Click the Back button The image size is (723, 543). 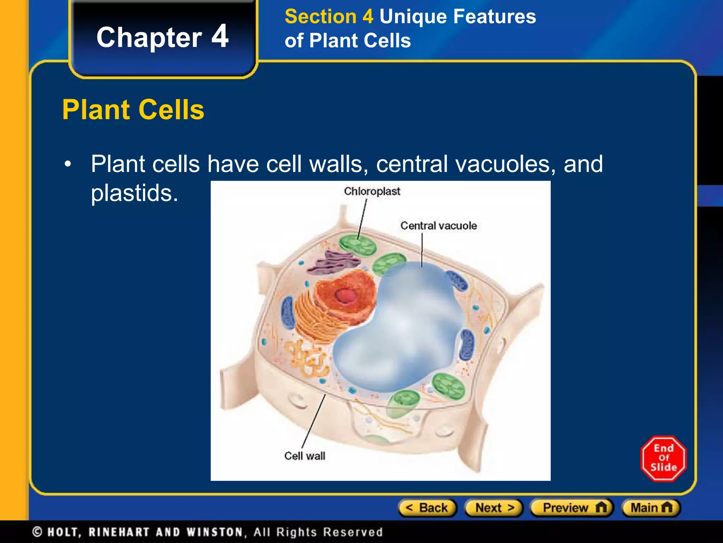coord(427,508)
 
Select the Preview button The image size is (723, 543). coord(572,508)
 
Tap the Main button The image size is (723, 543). coord(651,508)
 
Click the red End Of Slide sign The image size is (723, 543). coord(663,459)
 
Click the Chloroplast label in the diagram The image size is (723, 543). coord(372,192)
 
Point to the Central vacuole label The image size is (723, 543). coord(438,226)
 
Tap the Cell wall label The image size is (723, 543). coord(305,456)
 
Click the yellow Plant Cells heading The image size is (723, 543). coord(133,110)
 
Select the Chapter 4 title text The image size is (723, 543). coord(162,37)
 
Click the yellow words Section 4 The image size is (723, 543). coord(329,17)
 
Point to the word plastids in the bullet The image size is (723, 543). coord(134,193)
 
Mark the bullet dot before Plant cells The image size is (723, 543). coord(68,164)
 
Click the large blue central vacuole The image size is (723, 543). coord(399,336)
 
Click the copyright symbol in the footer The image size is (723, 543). coord(37,532)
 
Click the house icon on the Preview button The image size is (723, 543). coord(601,508)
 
